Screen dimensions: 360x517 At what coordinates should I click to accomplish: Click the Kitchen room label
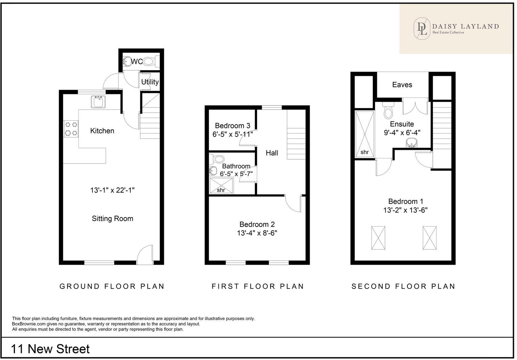pyautogui.click(x=102, y=131)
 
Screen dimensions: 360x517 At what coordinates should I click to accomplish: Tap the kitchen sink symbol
pyautogui.click(x=98, y=102)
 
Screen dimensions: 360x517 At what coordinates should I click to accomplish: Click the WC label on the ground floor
pyautogui.click(x=137, y=62)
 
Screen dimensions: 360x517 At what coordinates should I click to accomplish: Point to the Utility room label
pyautogui.click(x=150, y=82)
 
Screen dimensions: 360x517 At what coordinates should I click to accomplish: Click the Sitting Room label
pyautogui.click(x=112, y=219)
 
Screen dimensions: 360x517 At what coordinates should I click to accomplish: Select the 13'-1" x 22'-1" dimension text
pyautogui.click(x=112, y=190)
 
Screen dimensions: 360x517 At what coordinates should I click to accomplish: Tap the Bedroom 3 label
pyautogui.click(x=232, y=126)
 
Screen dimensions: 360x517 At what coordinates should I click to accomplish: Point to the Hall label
pyautogui.click(x=272, y=153)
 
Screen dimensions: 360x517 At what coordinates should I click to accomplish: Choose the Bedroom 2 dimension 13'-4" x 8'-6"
pyautogui.click(x=257, y=233)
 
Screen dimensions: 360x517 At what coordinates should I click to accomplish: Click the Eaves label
pyautogui.click(x=402, y=85)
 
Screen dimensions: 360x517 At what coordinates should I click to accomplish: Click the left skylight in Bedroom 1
pyautogui.click(x=378, y=238)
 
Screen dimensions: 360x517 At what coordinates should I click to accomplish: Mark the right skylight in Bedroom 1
pyautogui.click(x=429, y=238)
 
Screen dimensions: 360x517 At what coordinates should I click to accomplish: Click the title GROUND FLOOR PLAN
pyautogui.click(x=112, y=287)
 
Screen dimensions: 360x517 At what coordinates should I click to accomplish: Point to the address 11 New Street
pyautogui.click(x=50, y=349)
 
